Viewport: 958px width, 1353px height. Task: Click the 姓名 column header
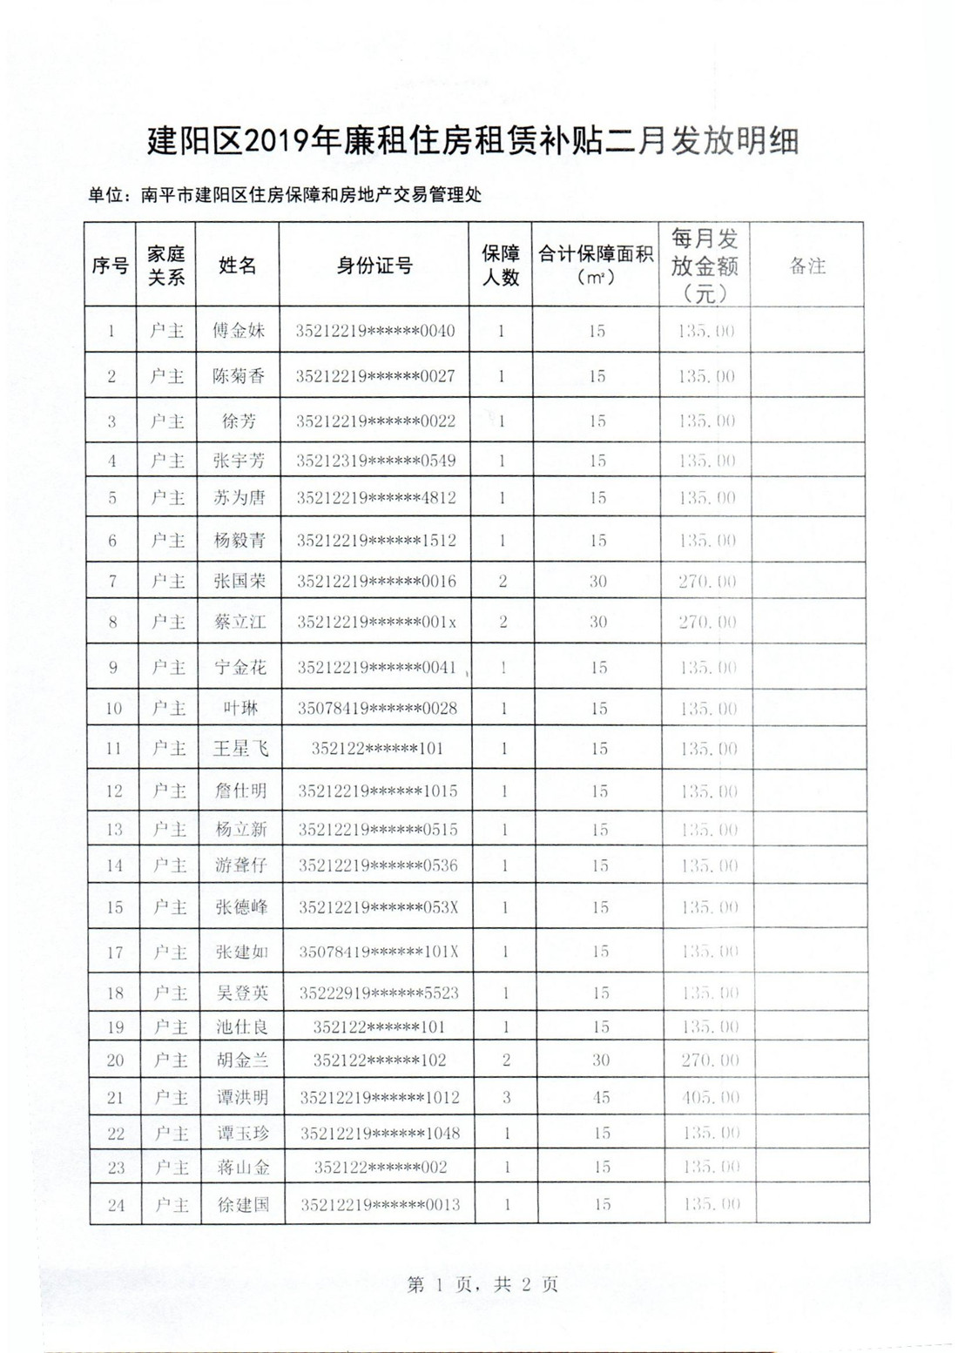238,266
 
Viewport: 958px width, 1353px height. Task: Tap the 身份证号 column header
374,266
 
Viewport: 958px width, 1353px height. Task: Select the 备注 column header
806,266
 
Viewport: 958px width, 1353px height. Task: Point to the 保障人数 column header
501,266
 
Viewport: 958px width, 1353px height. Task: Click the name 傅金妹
239,331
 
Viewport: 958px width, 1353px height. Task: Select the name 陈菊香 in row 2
239,376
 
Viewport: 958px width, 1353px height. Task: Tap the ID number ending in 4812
375,498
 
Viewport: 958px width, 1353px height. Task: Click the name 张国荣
239,581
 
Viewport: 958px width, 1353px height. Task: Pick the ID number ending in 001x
376,622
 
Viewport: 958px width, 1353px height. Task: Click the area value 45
601,1097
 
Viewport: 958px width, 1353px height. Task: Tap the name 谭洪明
242,1097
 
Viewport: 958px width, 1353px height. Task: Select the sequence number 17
115,952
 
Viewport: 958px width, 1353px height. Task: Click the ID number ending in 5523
379,993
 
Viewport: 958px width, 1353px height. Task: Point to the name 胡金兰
242,1060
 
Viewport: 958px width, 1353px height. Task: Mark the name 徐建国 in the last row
243,1205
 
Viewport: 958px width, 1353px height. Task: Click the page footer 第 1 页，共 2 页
482,1283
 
